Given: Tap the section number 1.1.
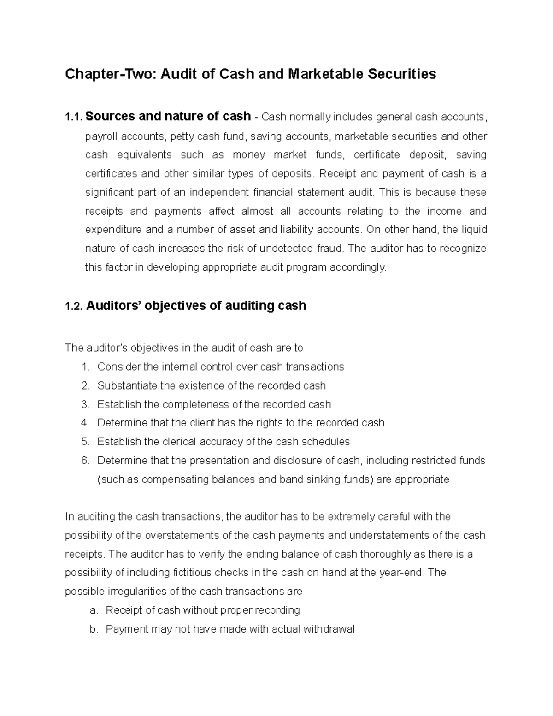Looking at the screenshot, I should (x=73, y=117).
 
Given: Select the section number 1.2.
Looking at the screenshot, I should (x=74, y=306).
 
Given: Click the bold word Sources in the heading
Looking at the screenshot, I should (x=110, y=116).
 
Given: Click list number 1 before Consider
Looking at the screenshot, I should (x=84, y=367).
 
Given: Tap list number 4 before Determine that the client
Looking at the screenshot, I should (x=84, y=423).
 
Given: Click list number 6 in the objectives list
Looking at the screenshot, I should (x=84, y=461).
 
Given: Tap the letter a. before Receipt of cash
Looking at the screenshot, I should (x=94, y=611).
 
